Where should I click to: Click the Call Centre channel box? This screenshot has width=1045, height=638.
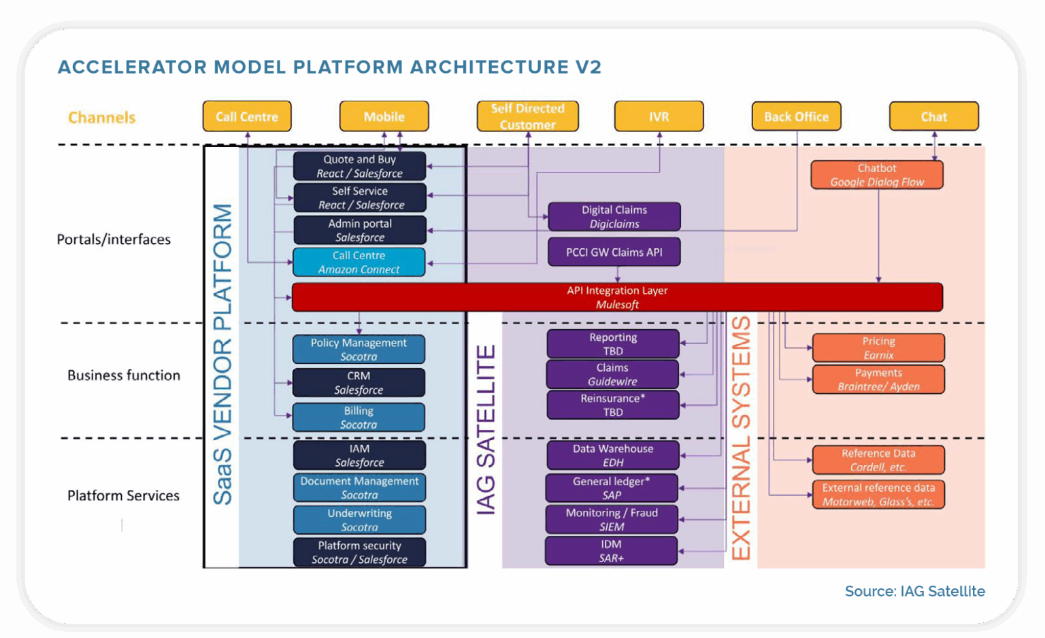247,116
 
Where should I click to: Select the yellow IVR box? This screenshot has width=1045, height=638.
659,116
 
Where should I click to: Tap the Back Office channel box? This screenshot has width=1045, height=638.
796,116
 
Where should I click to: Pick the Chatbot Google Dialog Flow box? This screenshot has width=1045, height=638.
877,175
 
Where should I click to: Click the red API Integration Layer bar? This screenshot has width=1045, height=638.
617,297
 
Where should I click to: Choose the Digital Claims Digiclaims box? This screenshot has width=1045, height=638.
614,216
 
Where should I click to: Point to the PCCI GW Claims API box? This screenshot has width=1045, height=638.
614,252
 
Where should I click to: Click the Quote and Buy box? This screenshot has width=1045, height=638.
359,166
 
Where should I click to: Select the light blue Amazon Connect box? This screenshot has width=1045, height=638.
359,262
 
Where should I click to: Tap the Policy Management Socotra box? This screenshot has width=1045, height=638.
359,349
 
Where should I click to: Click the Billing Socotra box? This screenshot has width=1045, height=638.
359,417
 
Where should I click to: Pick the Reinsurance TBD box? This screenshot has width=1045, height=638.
613,405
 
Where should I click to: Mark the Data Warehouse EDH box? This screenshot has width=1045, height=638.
613,455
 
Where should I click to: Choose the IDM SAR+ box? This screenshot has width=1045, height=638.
611,551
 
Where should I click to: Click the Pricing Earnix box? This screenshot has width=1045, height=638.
878,348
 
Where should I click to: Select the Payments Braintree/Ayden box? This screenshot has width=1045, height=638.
878,380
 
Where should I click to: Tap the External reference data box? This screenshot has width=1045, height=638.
878,494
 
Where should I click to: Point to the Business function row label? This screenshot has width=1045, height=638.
124,375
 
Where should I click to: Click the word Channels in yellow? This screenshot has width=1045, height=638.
102,118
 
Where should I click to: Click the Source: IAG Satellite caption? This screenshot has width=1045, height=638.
914,591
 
